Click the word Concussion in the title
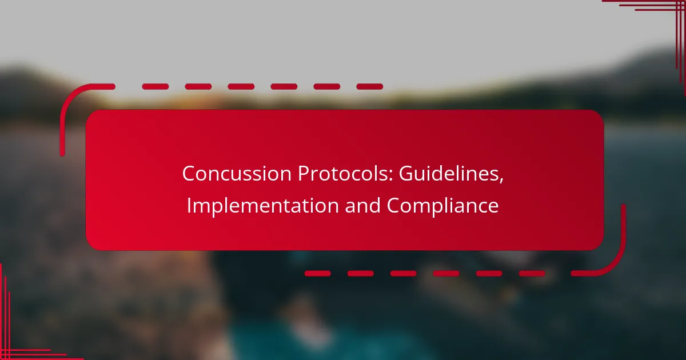[x=237, y=174]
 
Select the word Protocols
[x=343, y=173]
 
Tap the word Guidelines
[x=449, y=173]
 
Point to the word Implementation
[x=263, y=205]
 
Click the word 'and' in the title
[x=362, y=205]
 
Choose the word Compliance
[x=443, y=206]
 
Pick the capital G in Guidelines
[x=405, y=174]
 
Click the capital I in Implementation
[x=189, y=205]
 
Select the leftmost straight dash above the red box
[x=155, y=87]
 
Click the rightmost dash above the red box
[x=370, y=87]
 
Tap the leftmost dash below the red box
[x=318, y=273]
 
